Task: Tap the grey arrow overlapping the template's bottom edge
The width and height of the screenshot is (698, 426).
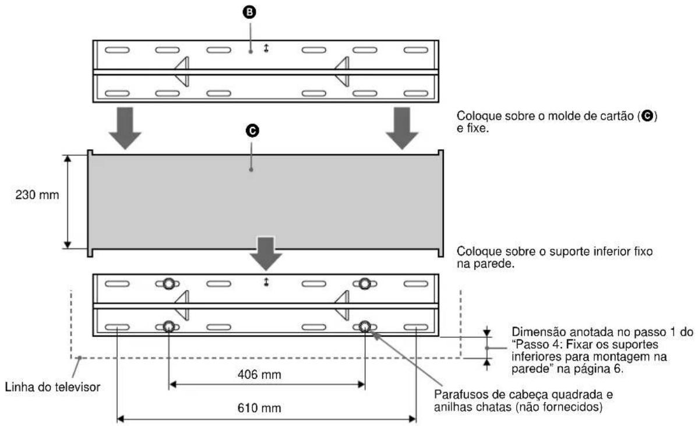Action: click(266, 254)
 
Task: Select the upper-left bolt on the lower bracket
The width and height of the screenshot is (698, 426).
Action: click(168, 284)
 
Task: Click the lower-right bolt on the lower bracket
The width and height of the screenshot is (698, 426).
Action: click(365, 326)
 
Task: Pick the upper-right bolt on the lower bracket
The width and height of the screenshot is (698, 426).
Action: click(365, 284)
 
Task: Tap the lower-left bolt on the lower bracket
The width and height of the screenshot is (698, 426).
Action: click(168, 326)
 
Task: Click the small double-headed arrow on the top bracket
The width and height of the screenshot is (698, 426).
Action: click(266, 50)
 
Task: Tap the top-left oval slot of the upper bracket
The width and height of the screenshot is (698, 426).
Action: click(117, 50)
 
